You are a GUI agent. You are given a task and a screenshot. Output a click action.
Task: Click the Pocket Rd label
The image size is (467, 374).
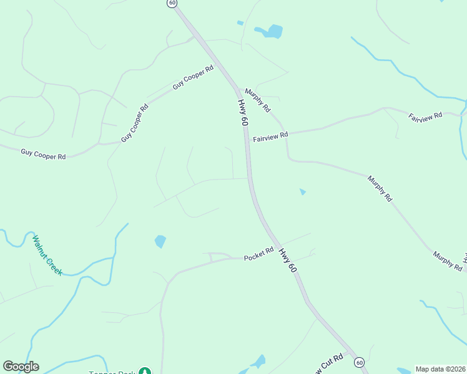click(259, 254)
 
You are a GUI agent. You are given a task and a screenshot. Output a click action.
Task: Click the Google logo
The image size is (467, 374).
click(21, 367)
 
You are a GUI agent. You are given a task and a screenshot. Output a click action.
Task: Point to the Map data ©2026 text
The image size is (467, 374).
click(441, 369)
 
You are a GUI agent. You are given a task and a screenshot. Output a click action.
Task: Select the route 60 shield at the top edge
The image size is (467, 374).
click(172, 3)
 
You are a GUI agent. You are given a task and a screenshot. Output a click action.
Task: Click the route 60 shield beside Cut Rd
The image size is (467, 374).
click(359, 362)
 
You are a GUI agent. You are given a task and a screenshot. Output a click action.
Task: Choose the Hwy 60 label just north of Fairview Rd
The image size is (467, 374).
click(242, 112)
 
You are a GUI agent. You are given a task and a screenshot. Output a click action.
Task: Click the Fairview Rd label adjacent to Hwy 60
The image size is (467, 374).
click(270, 136)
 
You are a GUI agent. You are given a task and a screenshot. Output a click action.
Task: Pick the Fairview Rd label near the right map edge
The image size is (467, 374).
click(425, 116)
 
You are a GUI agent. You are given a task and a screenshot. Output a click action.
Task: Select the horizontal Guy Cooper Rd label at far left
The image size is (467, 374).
click(43, 153)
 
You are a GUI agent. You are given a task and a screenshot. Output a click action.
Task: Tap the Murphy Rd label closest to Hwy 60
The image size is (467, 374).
click(258, 100)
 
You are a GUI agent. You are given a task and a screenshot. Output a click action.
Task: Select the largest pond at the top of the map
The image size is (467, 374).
click(269, 31)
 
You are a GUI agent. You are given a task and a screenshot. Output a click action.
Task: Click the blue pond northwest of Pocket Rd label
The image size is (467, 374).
click(160, 241)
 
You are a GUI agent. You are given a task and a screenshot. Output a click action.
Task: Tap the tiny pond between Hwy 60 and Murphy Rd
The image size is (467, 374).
click(303, 191)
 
